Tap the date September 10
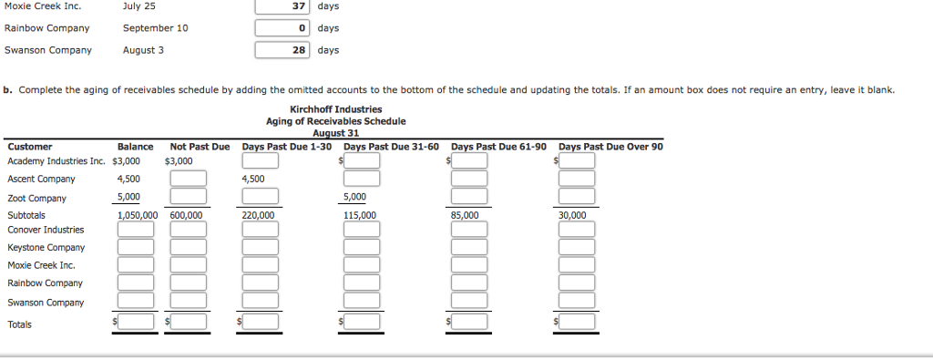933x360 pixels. point(155,28)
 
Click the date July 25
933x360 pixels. point(138,6)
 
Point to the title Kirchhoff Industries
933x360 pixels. point(336,109)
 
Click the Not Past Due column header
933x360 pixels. point(200,147)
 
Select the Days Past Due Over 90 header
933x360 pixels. point(610,147)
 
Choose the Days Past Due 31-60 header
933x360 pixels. point(391,147)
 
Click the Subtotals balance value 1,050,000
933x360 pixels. point(137,215)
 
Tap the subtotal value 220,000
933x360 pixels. point(258,215)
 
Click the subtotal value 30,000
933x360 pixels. point(573,215)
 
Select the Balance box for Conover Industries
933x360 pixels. point(135,230)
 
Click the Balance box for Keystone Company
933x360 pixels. point(135,248)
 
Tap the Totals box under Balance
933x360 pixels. point(135,322)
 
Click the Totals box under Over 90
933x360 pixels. point(577,322)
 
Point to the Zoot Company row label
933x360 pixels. point(36,198)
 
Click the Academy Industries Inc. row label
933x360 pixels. point(56,161)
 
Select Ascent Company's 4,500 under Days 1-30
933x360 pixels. point(253,180)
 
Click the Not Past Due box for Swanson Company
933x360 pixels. point(188,303)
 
